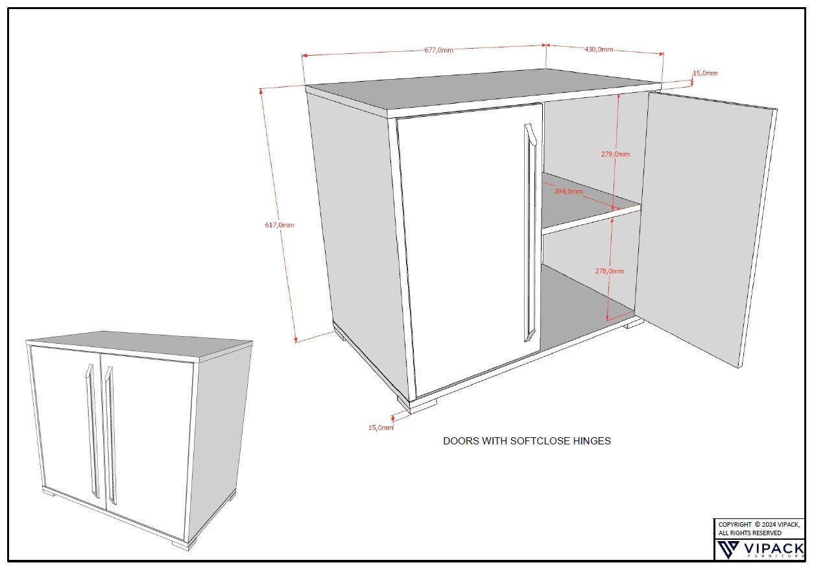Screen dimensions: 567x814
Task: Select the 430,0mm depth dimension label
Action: (x=599, y=49)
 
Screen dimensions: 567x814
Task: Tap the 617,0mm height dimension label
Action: (x=280, y=225)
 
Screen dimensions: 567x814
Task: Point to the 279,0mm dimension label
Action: (x=615, y=154)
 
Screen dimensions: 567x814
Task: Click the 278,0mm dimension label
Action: (x=610, y=271)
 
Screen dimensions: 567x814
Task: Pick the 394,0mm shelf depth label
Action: (x=568, y=191)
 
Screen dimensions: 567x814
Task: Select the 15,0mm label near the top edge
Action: (x=705, y=73)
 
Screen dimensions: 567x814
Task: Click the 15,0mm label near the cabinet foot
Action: (x=381, y=428)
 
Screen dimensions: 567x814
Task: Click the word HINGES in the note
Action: (x=592, y=441)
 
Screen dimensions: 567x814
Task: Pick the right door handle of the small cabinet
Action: (x=110, y=435)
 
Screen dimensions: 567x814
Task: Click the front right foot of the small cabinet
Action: (x=182, y=544)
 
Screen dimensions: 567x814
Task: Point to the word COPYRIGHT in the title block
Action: (x=735, y=524)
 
